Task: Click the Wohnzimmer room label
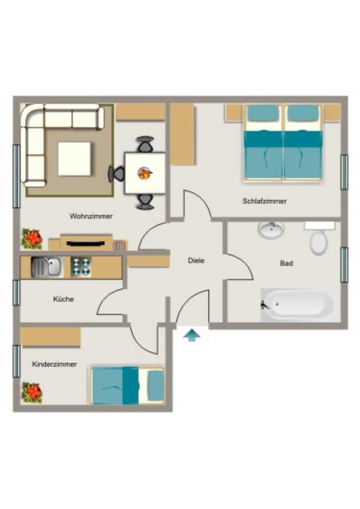pyautogui.click(x=91, y=216)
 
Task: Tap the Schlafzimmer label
pyautogui.click(x=265, y=201)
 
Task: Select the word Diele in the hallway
pyautogui.click(x=196, y=260)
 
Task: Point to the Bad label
pyautogui.click(x=286, y=263)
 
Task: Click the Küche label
pyautogui.click(x=63, y=299)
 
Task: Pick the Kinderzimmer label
pyautogui.click(x=54, y=364)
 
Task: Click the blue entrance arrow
pyautogui.click(x=192, y=335)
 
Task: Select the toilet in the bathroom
pyautogui.click(x=318, y=238)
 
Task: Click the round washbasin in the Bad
pyautogui.click(x=271, y=230)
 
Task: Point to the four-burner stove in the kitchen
pyautogui.click(x=81, y=267)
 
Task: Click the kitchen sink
pyautogui.click(x=46, y=267)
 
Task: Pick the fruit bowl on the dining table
pyautogui.click(x=145, y=173)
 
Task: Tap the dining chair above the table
pyautogui.click(x=145, y=144)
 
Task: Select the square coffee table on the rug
pyautogui.click(x=75, y=159)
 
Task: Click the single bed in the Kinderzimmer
pyautogui.click(x=127, y=386)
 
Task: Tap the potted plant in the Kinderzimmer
pyautogui.click(x=32, y=393)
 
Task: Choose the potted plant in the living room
pyautogui.click(x=32, y=239)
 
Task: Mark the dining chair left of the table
pyautogui.click(x=116, y=174)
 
